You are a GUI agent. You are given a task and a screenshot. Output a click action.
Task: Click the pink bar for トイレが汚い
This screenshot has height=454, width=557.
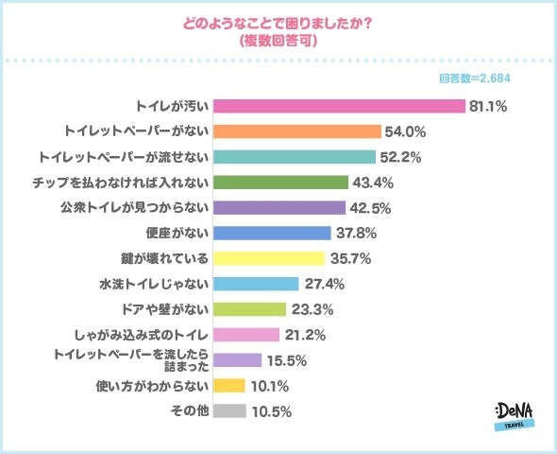[340, 106]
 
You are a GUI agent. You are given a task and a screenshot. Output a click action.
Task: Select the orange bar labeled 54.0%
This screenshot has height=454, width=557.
[297, 131]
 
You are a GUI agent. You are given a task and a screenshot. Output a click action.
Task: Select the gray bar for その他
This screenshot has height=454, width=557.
[230, 411]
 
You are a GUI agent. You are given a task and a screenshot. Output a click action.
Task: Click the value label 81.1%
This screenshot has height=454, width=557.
[488, 106]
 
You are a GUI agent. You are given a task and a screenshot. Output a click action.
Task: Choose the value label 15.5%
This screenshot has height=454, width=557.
[286, 360]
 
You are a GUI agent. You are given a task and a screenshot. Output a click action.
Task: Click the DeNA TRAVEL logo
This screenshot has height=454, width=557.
[515, 417]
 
